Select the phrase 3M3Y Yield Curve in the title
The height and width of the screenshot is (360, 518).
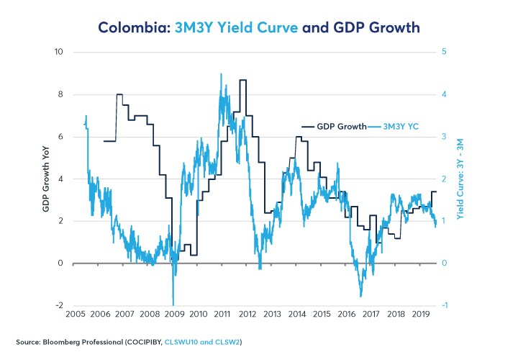click(x=227, y=28)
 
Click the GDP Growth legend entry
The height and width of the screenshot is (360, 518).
click(x=342, y=126)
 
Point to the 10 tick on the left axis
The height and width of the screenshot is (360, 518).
click(x=59, y=52)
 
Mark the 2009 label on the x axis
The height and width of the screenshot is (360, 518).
click(x=173, y=315)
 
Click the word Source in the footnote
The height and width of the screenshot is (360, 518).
click(x=27, y=341)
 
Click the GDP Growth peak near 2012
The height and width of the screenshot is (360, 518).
click(x=243, y=80)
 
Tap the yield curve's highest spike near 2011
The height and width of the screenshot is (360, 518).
click(x=221, y=74)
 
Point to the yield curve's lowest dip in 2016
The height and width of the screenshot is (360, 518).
click(x=360, y=296)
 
